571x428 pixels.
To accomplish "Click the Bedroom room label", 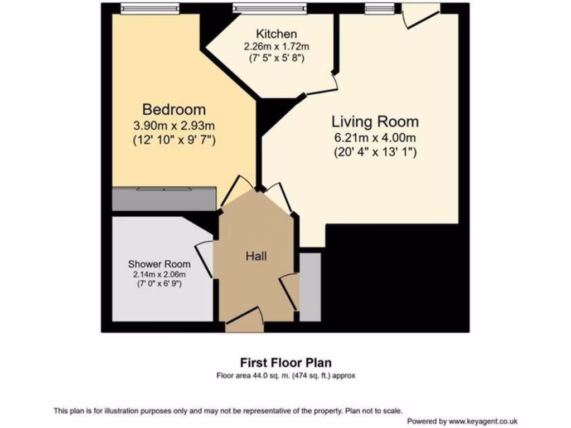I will pos(173,109).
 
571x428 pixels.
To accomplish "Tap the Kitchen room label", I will pos(276,34).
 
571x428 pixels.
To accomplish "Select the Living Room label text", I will pos(375,121).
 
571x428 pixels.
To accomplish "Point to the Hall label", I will pos(256,256).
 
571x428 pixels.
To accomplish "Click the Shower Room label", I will pos(159,264).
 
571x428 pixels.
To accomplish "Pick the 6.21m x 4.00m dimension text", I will pos(375,138).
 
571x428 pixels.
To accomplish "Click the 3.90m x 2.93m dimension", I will pos(173,126).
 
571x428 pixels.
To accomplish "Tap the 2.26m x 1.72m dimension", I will pos(276,46).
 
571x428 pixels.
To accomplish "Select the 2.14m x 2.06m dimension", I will pos(159,274).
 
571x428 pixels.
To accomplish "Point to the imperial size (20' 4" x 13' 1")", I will pos(375,151).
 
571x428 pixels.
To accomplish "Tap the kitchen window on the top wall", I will pos(269,8).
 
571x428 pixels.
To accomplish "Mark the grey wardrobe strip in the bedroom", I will pos(164,199).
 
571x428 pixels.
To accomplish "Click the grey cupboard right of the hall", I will pos(310,287).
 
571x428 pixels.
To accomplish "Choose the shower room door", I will pos(205,259).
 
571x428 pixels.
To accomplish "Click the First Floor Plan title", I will pos(285,363).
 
